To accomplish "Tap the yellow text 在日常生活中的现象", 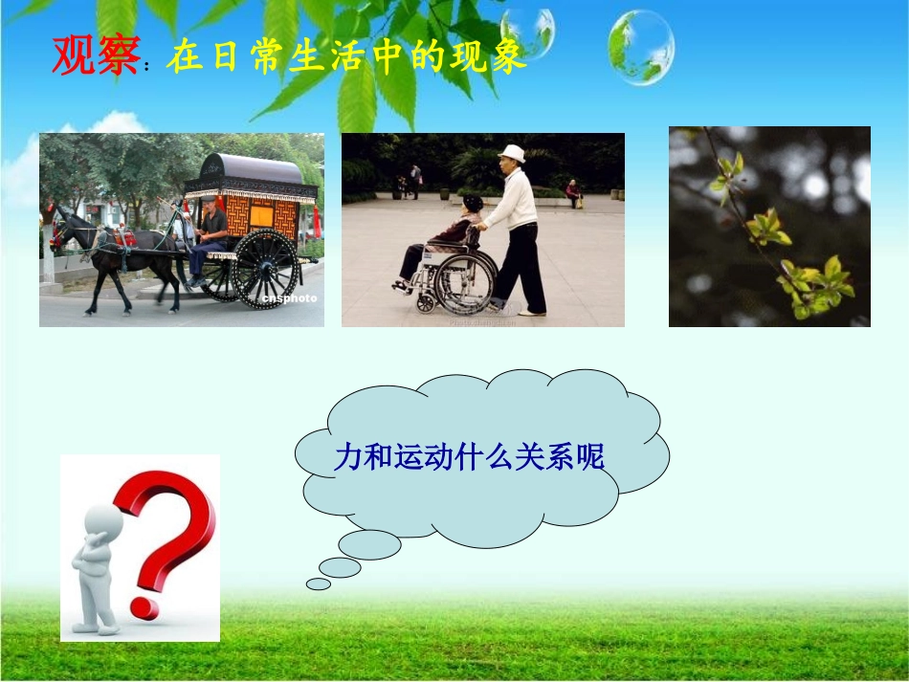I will click(x=346, y=58).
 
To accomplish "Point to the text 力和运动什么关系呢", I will click(x=469, y=457).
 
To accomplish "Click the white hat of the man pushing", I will click(x=513, y=153).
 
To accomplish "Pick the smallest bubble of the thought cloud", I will click(x=318, y=583).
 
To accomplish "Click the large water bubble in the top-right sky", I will click(x=640, y=47).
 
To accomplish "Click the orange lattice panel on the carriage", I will click(x=260, y=215).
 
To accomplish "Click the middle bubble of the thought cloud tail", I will click(x=340, y=567).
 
